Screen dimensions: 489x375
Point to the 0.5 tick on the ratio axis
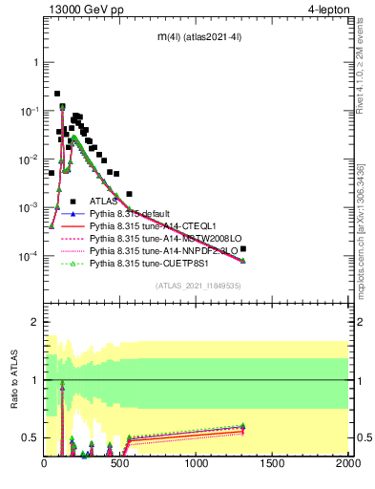click(x=31, y=438)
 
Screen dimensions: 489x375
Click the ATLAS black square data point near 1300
click(x=244, y=248)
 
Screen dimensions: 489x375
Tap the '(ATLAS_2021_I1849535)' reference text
click(x=198, y=286)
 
